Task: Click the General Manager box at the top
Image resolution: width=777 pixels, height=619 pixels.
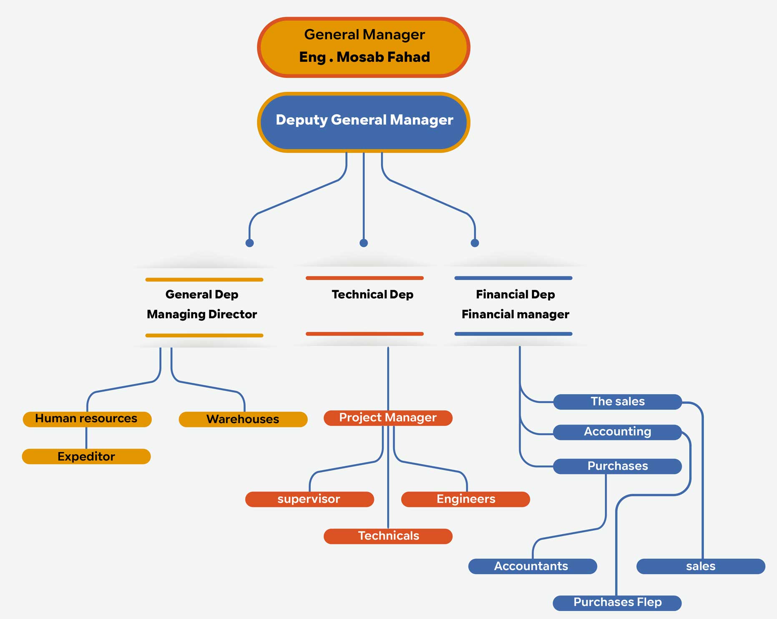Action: coord(364,47)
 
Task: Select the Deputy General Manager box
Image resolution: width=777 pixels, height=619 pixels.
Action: coord(364,121)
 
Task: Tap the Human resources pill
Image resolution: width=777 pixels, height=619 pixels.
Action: coord(87,419)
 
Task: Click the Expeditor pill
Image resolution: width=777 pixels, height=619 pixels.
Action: coord(86,456)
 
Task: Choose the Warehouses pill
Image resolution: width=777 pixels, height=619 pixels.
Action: coord(243,419)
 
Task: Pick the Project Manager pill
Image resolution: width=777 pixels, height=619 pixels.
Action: coord(388,418)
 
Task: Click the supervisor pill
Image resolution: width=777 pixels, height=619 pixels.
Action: coord(309,499)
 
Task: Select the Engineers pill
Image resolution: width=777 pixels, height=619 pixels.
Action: coord(465,499)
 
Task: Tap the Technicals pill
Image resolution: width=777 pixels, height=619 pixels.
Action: coord(388,536)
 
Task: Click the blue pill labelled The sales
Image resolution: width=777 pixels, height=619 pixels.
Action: coord(617,402)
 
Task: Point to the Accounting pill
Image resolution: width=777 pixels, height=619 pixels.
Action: coord(617,432)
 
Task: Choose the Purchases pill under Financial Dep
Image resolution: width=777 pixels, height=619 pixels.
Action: coord(617,466)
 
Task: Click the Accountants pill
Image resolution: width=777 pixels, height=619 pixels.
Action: coord(532,566)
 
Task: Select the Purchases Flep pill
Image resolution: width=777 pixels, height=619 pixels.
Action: coord(617,602)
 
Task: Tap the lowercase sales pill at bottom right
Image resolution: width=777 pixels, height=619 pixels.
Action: coord(701,566)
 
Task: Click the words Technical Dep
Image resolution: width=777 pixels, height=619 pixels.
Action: coord(372,294)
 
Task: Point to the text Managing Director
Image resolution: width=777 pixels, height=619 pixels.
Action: coord(202,314)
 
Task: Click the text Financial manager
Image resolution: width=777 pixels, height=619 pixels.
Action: coord(515,314)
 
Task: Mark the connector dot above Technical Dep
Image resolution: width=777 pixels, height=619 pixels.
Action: coord(364,243)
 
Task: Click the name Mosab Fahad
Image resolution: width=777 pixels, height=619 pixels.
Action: coord(383,57)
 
